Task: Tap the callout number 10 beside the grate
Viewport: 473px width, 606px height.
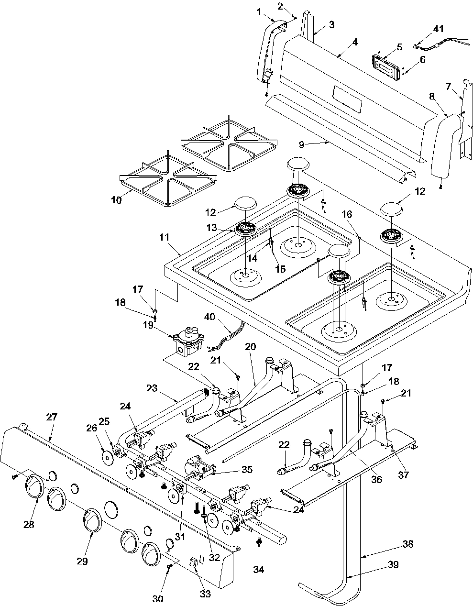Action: (116, 200)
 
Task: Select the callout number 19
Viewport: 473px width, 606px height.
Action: (148, 325)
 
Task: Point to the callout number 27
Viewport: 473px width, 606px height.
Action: (52, 417)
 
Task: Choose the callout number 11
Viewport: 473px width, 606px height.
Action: (165, 237)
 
